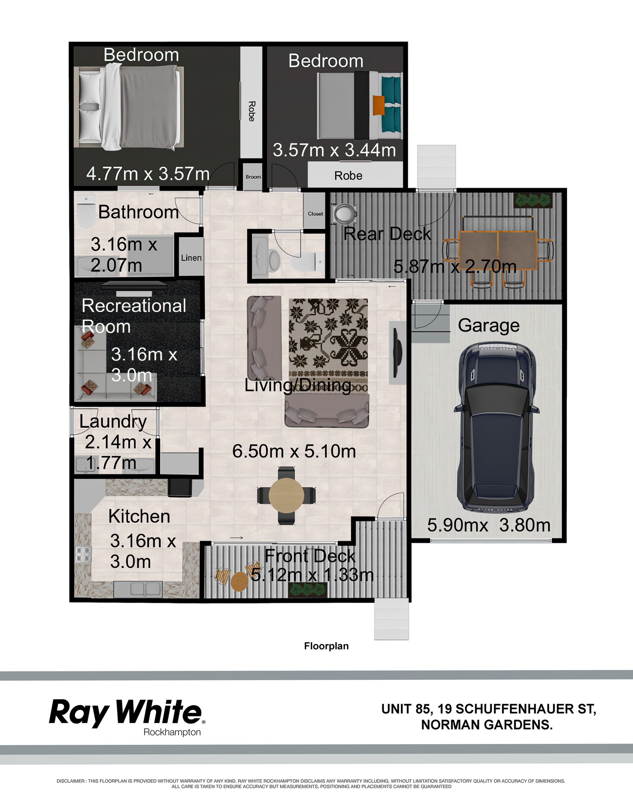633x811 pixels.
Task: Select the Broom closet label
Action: [253, 177]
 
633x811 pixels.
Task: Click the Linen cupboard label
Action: [191, 258]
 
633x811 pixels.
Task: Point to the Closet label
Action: [315, 214]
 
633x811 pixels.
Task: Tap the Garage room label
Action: [488, 326]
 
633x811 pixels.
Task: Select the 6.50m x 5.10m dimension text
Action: [294, 451]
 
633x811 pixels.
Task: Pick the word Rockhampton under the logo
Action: [172, 732]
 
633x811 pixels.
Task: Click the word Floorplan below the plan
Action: [326, 646]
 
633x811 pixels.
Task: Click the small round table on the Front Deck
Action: [240, 582]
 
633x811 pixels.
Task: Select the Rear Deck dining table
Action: [498, 250]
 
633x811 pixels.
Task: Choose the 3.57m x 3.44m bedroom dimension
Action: [334, 150]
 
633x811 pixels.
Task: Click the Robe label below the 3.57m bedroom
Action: [348, 176]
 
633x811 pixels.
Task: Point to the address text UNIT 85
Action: [407, 709]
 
